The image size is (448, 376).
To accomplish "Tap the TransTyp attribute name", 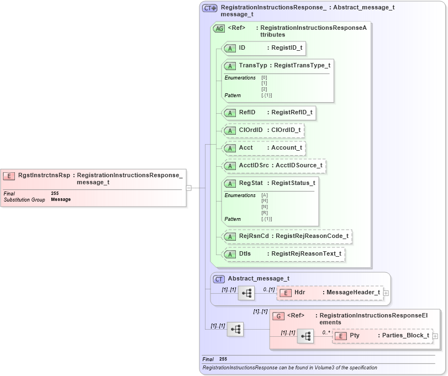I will (x=252, y=66).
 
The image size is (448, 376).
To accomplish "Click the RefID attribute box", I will (x=268, y=113).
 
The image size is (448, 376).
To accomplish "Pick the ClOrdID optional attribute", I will (x=262, y=130).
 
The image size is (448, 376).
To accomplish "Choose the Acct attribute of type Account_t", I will (x=263, y=148).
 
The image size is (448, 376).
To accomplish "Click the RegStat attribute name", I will (x=250, y=183).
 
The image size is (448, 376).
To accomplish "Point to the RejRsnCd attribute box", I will (x=287, y=236).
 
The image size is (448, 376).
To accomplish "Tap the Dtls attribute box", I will (x=283, y=253).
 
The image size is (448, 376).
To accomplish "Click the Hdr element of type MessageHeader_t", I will (x=329, y=293).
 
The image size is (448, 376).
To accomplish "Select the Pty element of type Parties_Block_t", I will (x=382, y=336).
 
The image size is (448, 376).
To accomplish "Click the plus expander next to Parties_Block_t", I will (x=435, y=336).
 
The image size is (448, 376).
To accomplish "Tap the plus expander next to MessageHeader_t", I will (x=386, y=293).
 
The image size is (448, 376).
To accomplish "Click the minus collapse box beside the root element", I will (x=189, y=188).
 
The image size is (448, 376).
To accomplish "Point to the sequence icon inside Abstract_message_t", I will (x=246, y=293).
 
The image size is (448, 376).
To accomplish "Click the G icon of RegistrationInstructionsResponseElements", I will (x=279, y=316).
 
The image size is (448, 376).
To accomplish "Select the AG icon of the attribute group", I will (x=219, y=29).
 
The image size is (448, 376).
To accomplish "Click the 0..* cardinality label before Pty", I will (x=326, y=332).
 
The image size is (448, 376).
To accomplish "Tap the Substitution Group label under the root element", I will (x=24, y=199).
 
